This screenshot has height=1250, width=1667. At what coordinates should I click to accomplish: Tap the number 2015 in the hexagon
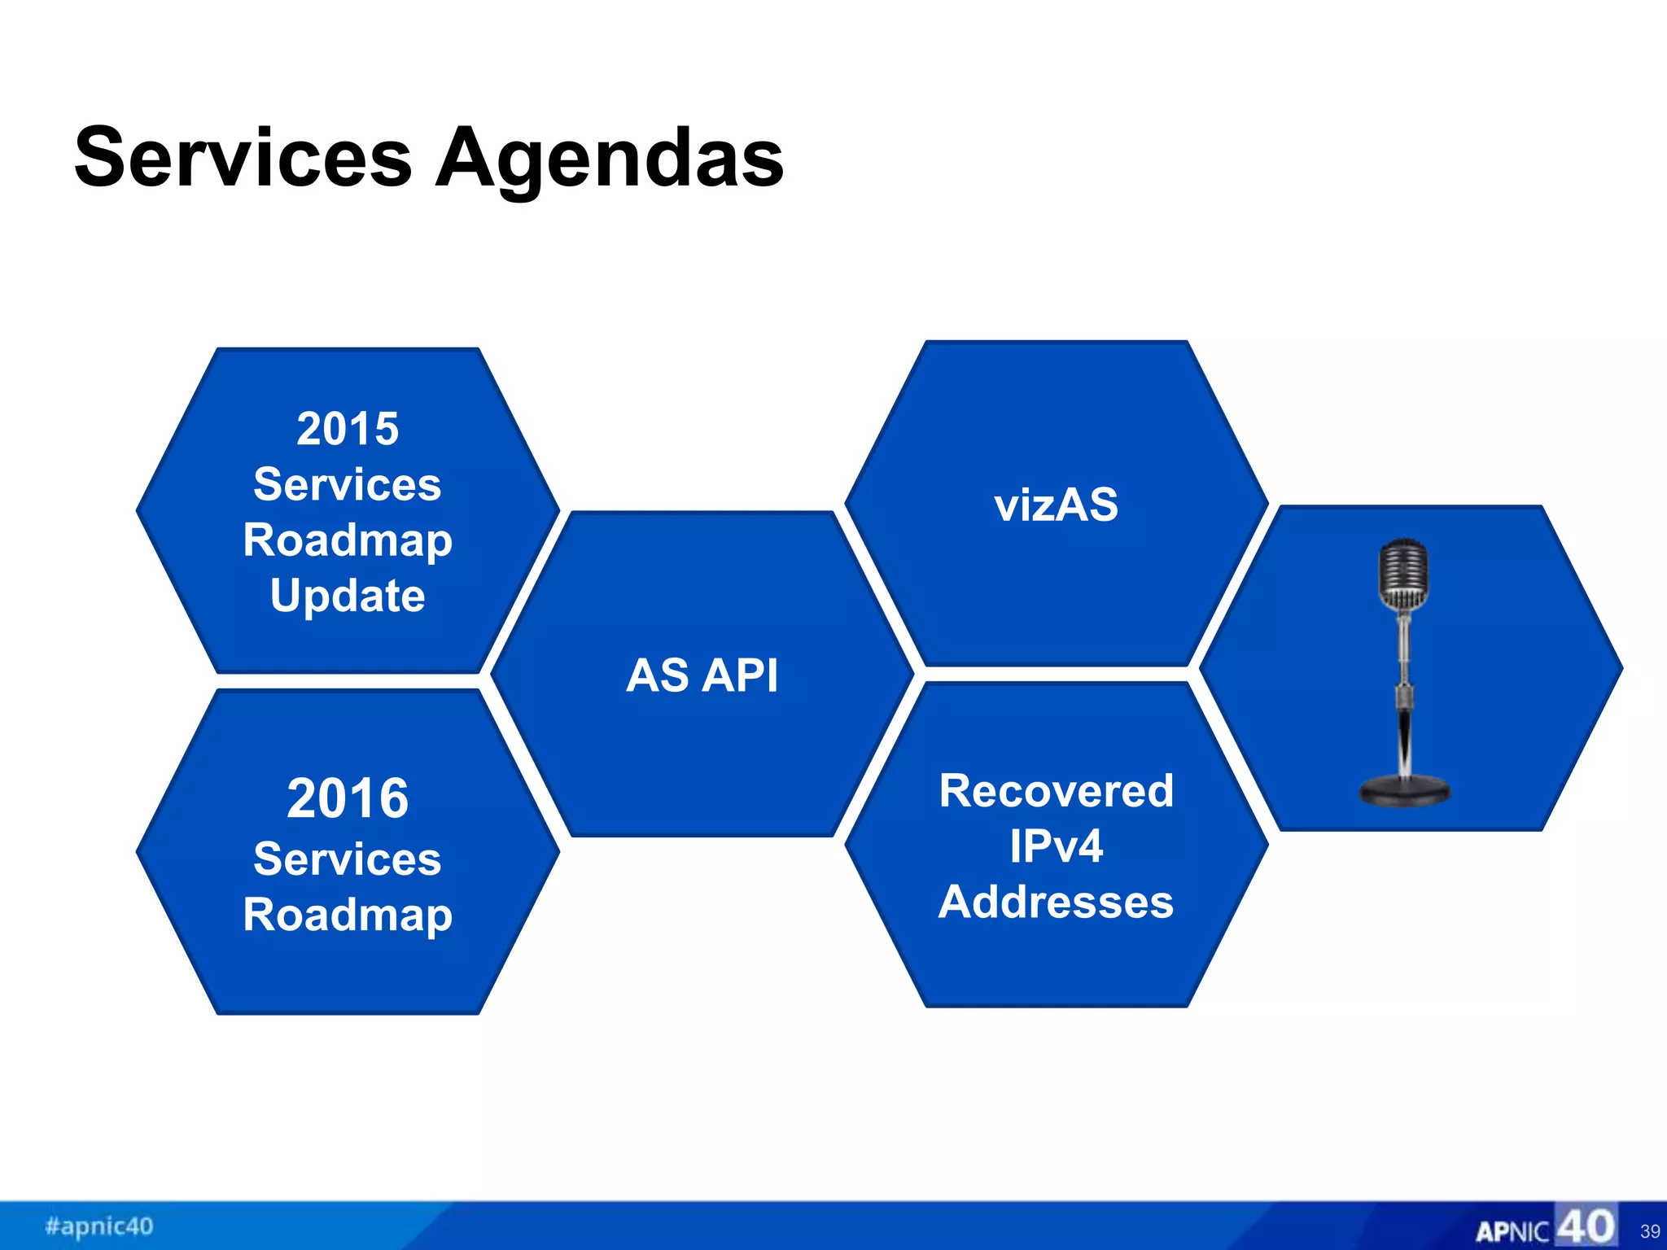(x=348, y=428)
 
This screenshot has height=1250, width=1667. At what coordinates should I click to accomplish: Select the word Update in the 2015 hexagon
(x=348, y=596)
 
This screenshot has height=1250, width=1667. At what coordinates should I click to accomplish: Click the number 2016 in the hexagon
(x=348, y=798)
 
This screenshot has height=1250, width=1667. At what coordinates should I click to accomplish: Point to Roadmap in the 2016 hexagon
(x=348, y=915)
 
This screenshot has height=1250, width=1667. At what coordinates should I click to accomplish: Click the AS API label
(x=702, y=675)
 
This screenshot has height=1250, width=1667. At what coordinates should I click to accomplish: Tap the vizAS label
(x=1056, y=505)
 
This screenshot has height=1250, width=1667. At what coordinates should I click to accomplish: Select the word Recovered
(x=1056, y=790)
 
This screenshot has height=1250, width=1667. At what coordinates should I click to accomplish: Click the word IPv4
(x=1056, y=846)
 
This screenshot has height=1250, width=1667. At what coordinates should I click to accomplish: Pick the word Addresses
(x=1056, y=903)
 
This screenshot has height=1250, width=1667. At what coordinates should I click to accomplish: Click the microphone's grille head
(x=1403, y=573)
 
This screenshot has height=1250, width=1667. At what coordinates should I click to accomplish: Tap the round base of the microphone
(x=1404, y=791)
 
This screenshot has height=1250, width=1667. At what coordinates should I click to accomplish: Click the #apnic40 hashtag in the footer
(x=99, y=1226)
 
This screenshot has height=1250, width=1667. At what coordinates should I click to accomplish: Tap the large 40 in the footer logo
(x=1586, y=1226)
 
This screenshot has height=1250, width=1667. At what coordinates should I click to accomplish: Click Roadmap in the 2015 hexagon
(x=348, y=540)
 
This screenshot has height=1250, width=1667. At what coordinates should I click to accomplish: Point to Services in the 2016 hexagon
(x=348, y=859)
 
